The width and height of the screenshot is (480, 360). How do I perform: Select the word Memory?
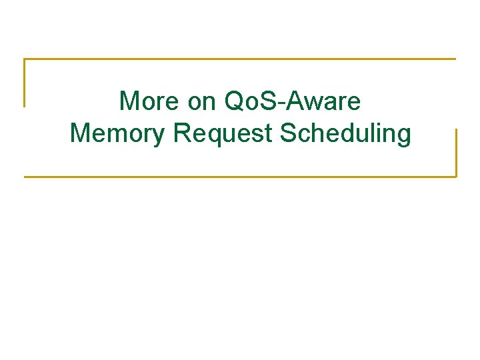pos(117,134)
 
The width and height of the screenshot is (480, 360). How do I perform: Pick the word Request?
pos(223,134)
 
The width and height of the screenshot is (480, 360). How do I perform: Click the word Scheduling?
pos(346,134)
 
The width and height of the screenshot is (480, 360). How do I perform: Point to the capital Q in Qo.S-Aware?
pos(237,101)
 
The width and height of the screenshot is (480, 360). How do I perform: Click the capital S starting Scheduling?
pos(289,133)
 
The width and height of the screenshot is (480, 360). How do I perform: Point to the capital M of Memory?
pos(81,133)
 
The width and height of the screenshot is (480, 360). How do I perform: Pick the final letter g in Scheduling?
pos(403,136)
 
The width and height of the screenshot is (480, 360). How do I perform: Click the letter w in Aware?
pos(325,103)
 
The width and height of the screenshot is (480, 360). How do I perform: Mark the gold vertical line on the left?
pos(25,83)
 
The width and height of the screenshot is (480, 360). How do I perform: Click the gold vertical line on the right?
pos(456,153)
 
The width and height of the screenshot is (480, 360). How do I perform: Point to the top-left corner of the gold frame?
pos(25,59)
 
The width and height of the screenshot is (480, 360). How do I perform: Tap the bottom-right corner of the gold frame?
pos(456,176)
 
